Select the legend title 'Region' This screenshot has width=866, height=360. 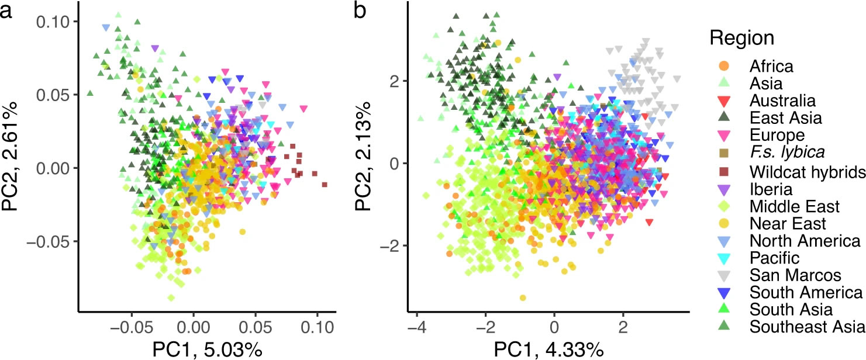[742, 39]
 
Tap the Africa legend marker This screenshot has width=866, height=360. [723, 65]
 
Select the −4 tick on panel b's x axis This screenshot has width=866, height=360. [416, 324]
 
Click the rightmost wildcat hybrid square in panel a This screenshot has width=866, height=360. [325, 185]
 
